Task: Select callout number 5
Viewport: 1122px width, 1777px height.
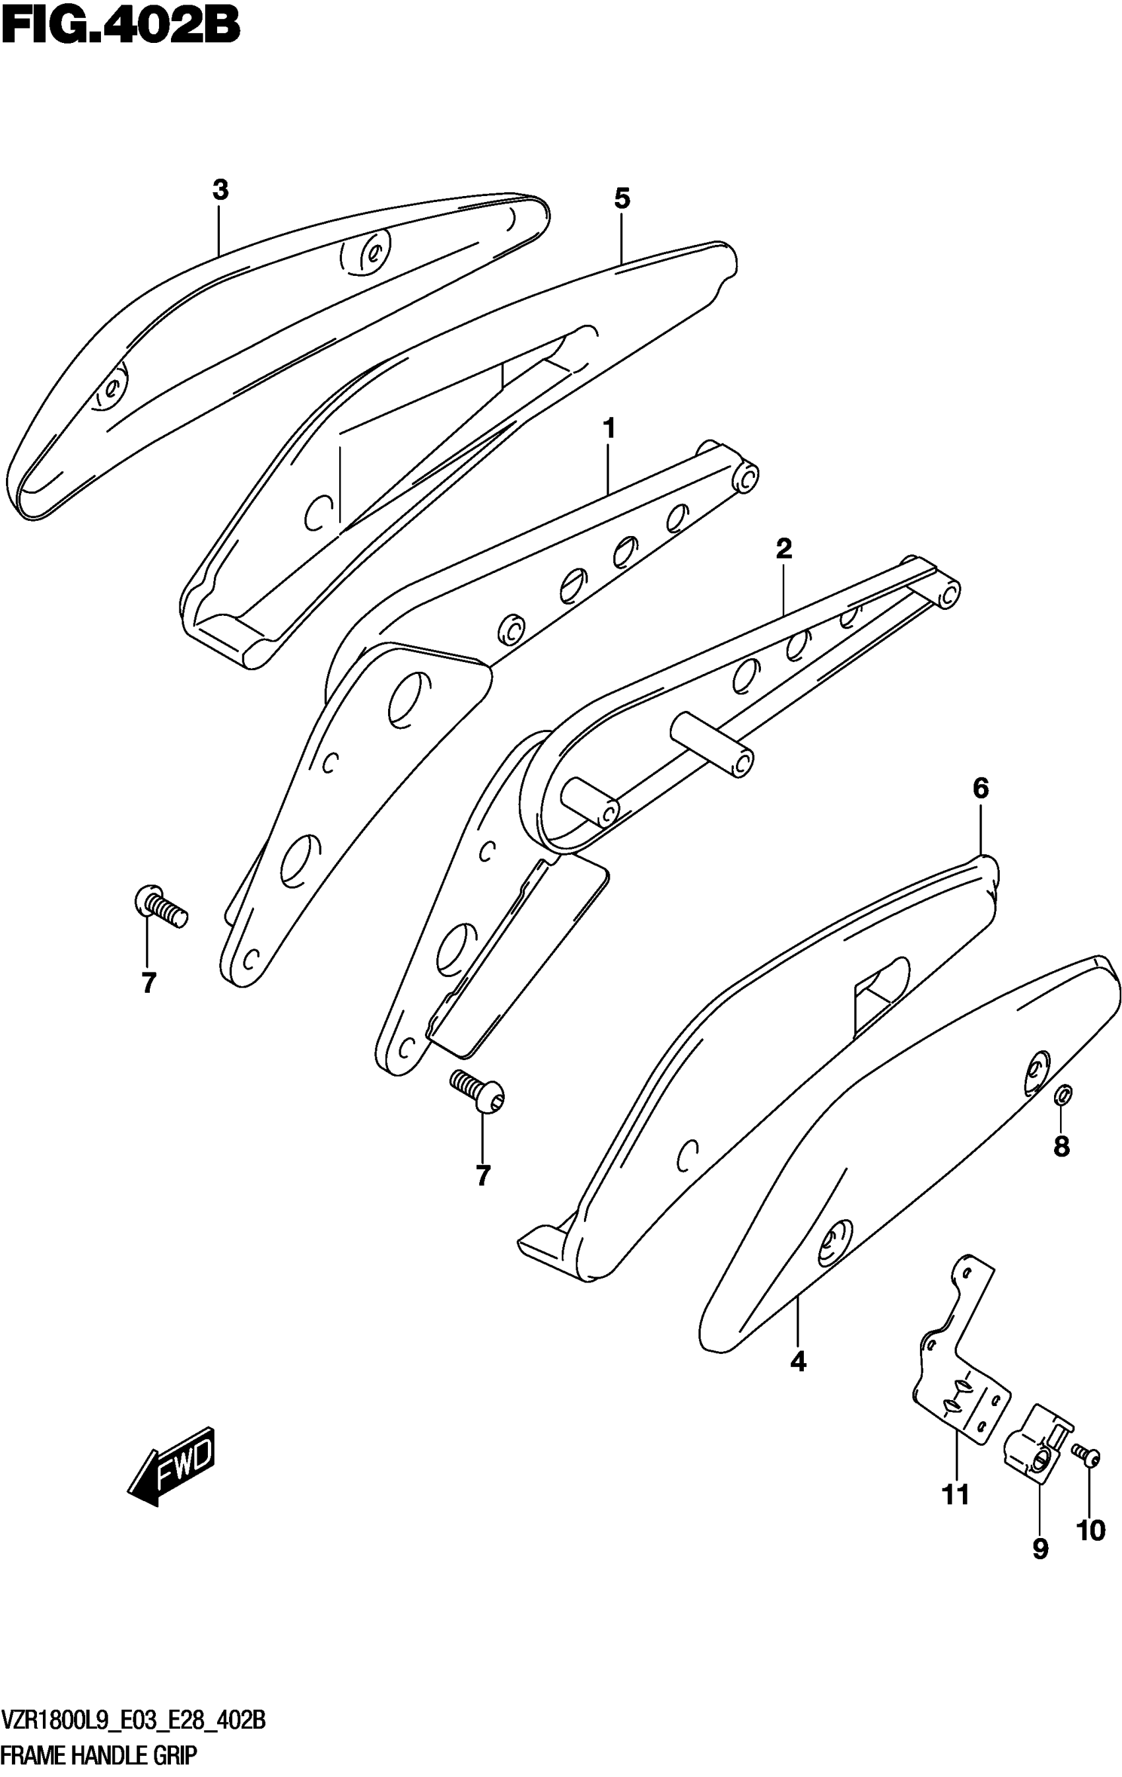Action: click(x=622, y=199)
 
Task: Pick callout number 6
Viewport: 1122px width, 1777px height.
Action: click(x=980, y=789)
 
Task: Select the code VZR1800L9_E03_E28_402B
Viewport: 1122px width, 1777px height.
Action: click(x=133, y=1724)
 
